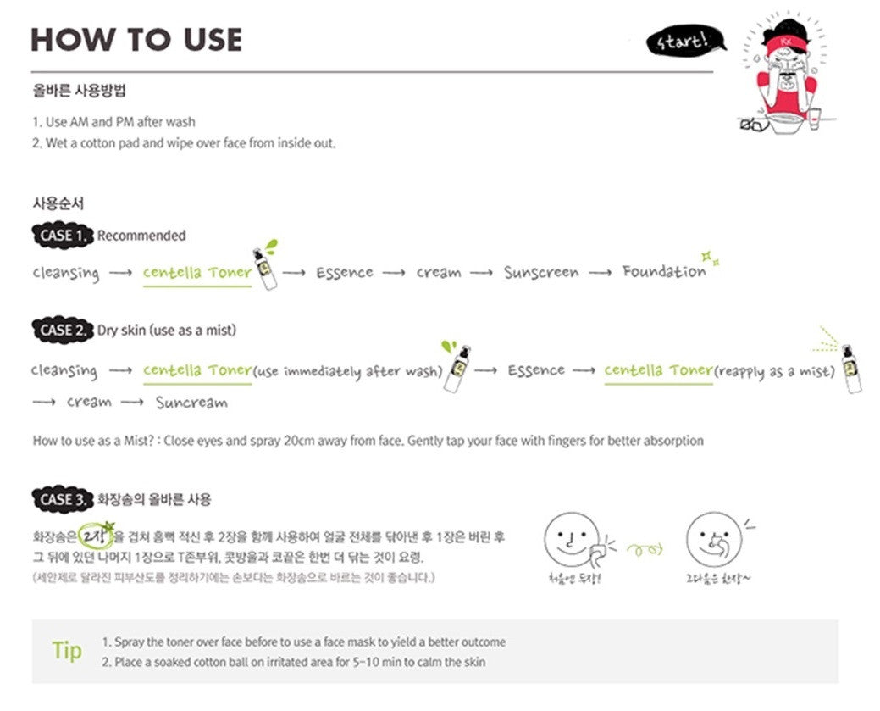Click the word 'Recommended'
tap(141, 236)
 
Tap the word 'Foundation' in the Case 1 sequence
tap(664, 272)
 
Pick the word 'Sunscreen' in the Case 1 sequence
tap(541, 273)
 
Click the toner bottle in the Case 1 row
tap(267, 269)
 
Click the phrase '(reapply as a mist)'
tap(775, 371)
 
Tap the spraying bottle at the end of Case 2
tap(851, 369)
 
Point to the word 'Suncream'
tap(191, 402)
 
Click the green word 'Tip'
tap(67, 650)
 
